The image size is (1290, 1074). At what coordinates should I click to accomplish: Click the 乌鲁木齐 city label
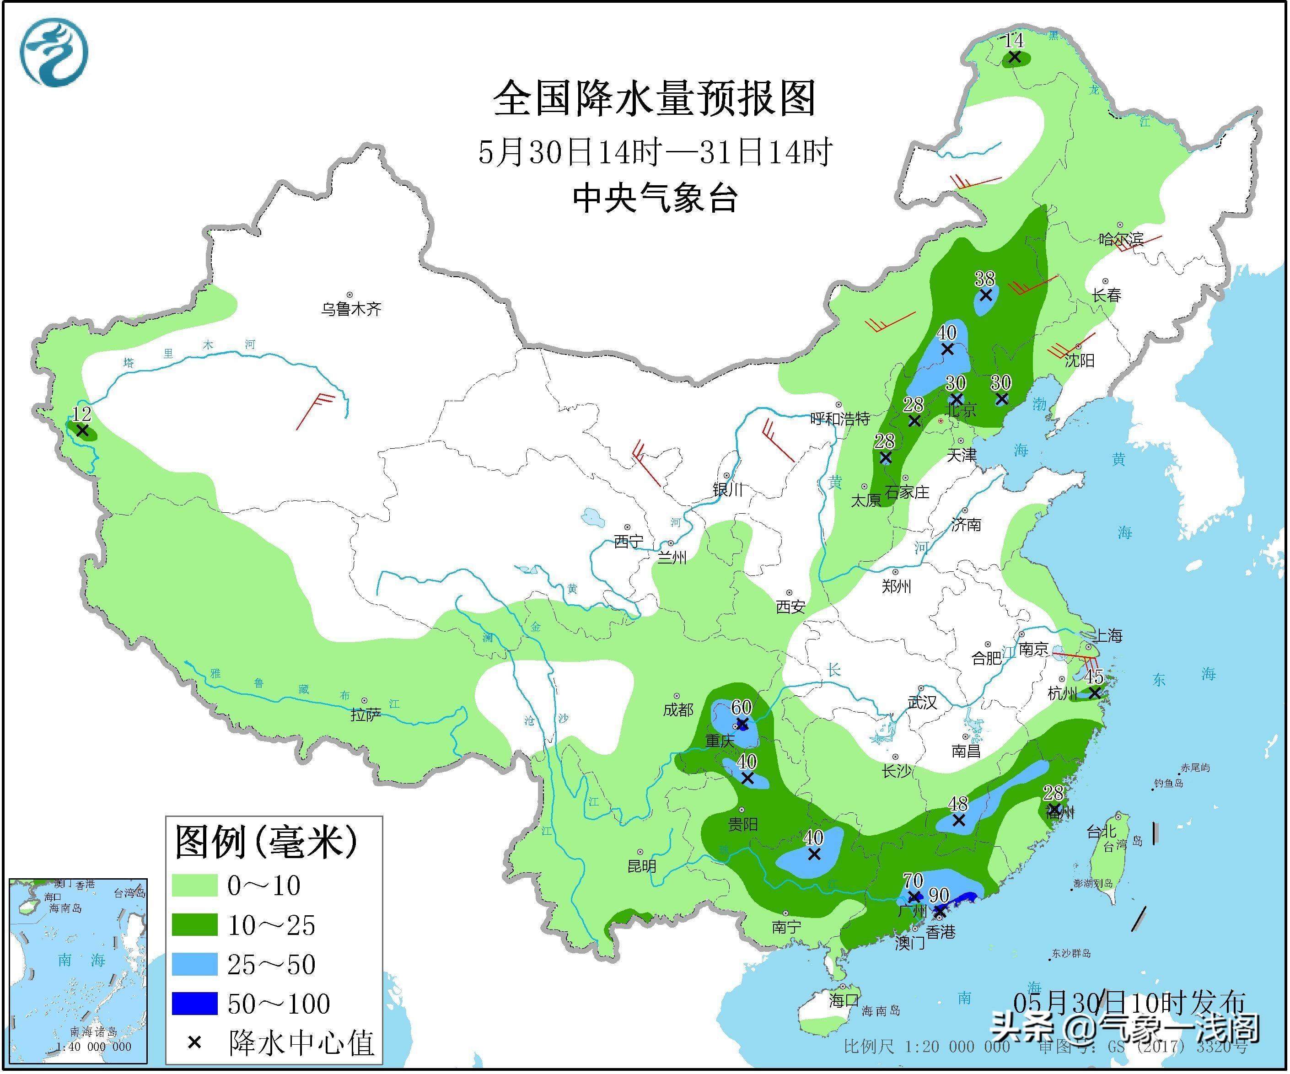click(x=351, y=309)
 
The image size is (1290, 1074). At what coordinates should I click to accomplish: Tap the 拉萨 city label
click(x=365, y=714)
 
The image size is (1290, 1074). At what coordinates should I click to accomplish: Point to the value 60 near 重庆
click(x=742, y=708)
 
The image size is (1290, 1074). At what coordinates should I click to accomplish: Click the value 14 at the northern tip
click(x=1014, y=41)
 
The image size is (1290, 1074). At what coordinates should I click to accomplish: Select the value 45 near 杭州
click(x=1094, y=677)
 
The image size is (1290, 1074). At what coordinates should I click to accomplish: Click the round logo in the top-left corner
click(x=54, y=52)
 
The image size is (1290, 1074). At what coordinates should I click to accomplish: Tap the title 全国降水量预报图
click(x=654, y=98)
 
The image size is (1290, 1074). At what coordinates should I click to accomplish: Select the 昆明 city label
click(x=642, y=866)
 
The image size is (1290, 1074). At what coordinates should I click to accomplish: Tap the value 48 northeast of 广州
click(x=958, y=804)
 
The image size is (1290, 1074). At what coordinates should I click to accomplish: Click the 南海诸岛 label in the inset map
click(x=93, y=1031)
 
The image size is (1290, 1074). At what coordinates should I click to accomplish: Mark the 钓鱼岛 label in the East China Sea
click(x=1168, y=784)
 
